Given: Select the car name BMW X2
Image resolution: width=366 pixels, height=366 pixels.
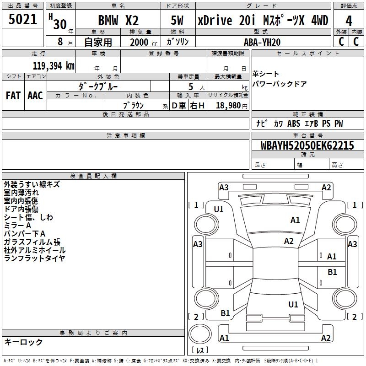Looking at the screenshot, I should coord(118,21).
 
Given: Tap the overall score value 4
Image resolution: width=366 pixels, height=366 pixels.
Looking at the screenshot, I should coord(349,21).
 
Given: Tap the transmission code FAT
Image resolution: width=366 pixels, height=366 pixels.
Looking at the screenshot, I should coord(13,96).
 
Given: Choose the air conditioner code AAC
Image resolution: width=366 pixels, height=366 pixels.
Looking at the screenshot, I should coord(35,96).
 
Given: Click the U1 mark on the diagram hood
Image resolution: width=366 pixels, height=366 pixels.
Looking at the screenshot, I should coord(219,210).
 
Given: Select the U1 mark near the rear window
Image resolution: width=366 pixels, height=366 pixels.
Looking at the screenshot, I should coord(293,304).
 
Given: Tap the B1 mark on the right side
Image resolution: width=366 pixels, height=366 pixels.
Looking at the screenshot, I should coord(332,272).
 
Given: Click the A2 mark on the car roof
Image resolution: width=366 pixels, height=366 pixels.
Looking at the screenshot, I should coord(289,241).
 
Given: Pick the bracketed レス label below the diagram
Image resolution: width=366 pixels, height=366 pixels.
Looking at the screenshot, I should coord(200,350).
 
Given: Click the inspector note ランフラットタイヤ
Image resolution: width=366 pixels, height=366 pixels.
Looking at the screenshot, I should coord(34,258).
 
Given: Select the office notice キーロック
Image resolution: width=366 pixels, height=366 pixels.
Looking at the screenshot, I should coord(23,342).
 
